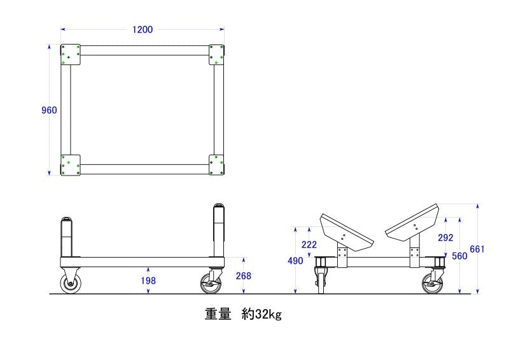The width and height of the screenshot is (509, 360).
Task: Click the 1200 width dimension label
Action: pos(142,29)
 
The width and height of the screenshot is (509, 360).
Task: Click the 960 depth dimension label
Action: pos(49,110)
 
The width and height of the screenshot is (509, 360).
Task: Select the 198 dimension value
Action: pos(150,280)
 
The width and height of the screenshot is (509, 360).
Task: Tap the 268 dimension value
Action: pos(244,276)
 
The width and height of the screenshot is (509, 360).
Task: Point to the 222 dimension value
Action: pos(309,245)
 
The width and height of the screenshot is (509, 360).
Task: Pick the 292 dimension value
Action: pos(446,238)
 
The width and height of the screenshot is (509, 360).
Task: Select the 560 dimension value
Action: pos(460,256)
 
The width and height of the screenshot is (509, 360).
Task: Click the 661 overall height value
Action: pos(477,249)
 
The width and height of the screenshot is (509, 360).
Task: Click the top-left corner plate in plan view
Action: pos(69,55)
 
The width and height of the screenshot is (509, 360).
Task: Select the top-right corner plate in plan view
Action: pos(216,55)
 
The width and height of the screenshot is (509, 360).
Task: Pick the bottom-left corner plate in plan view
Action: pos(69,165)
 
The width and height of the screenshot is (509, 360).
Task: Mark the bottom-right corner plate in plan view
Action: pos(216,165)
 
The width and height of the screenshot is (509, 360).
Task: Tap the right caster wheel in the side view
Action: pos(211,284)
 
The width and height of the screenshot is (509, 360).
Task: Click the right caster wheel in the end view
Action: pos(432,284)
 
